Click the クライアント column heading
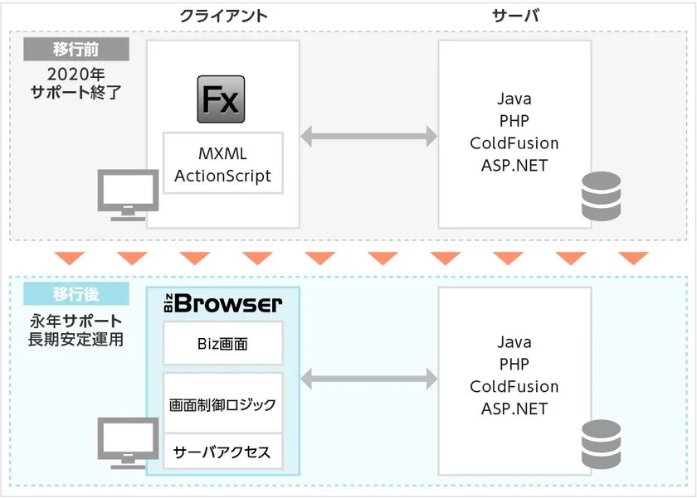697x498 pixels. point(223,17)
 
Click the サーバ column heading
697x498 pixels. point(516,17)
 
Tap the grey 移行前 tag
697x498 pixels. point(77,49)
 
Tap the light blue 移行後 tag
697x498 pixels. point(77,294)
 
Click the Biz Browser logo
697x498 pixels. point(222,304)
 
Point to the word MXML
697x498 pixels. point(222,154)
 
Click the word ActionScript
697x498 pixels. point(222,176)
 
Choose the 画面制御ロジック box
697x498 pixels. point(222,405)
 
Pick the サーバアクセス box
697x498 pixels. point(222,452)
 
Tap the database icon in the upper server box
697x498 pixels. point(601,196)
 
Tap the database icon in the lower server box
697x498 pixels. point(601,443)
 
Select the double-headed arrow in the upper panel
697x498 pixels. point(369,136)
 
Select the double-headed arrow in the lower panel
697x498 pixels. point(369,380)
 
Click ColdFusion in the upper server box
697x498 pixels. point(514,143)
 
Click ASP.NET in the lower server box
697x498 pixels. point(514,409)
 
